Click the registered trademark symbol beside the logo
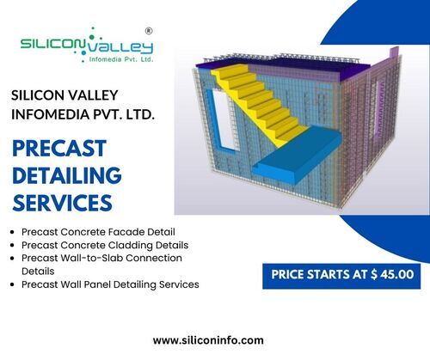(149, 31)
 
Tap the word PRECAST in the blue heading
(59, 149)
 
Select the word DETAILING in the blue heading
(67, 175)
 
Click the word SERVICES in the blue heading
(62, 203)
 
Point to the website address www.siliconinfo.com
(208, 340)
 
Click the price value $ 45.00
(392, 274)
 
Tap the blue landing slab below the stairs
(297, 155)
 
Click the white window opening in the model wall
(225, 120)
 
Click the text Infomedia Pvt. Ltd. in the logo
(121, 59)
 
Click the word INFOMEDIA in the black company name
(48, 114)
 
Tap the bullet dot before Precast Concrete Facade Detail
(12, 232)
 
